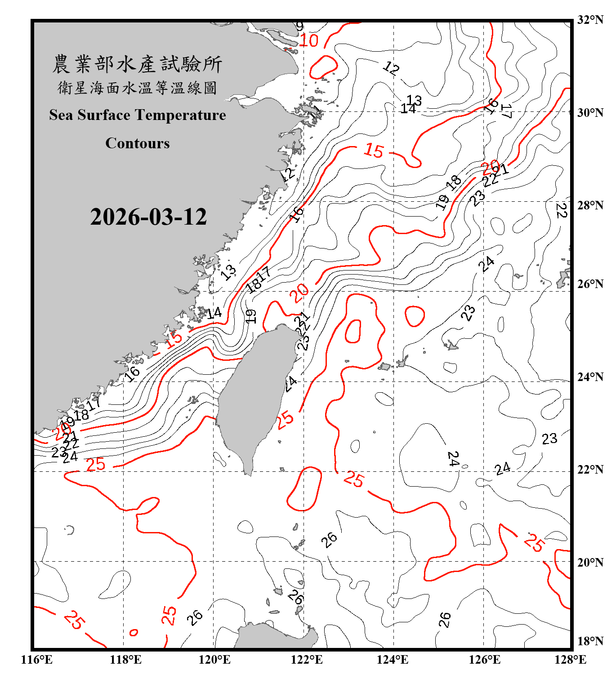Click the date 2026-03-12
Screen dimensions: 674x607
(x=148, y=217)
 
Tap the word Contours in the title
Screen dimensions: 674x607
(x=138, y=143)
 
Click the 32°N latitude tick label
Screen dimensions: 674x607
(x=590, y=20)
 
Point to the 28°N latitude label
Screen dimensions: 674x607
(x=590, y=205)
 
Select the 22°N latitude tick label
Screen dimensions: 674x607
(x=590, y=470)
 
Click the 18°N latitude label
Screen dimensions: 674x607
(x=590, y=641)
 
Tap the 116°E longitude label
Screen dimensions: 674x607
(x=37, y=660)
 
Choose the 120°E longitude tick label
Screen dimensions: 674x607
(x=214, y=660)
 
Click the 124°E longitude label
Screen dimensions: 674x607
(x=393, y=660)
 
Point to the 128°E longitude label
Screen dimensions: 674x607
(x=570, y=660)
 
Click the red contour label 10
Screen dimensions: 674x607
(x=309, y=41)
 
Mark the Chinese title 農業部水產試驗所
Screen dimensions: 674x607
(x=137, y=64)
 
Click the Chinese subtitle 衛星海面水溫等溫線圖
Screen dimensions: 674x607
(x=137, y=88)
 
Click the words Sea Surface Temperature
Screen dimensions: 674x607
(x=138, y=115)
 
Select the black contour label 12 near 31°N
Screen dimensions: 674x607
(x=391, y=68)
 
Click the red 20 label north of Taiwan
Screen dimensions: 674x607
(x=299, y=293)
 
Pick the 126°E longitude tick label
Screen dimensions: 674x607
(x=485, y=660)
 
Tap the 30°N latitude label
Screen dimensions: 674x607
(x=590, y=113)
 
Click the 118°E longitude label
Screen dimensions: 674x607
(x=125, y=660)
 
